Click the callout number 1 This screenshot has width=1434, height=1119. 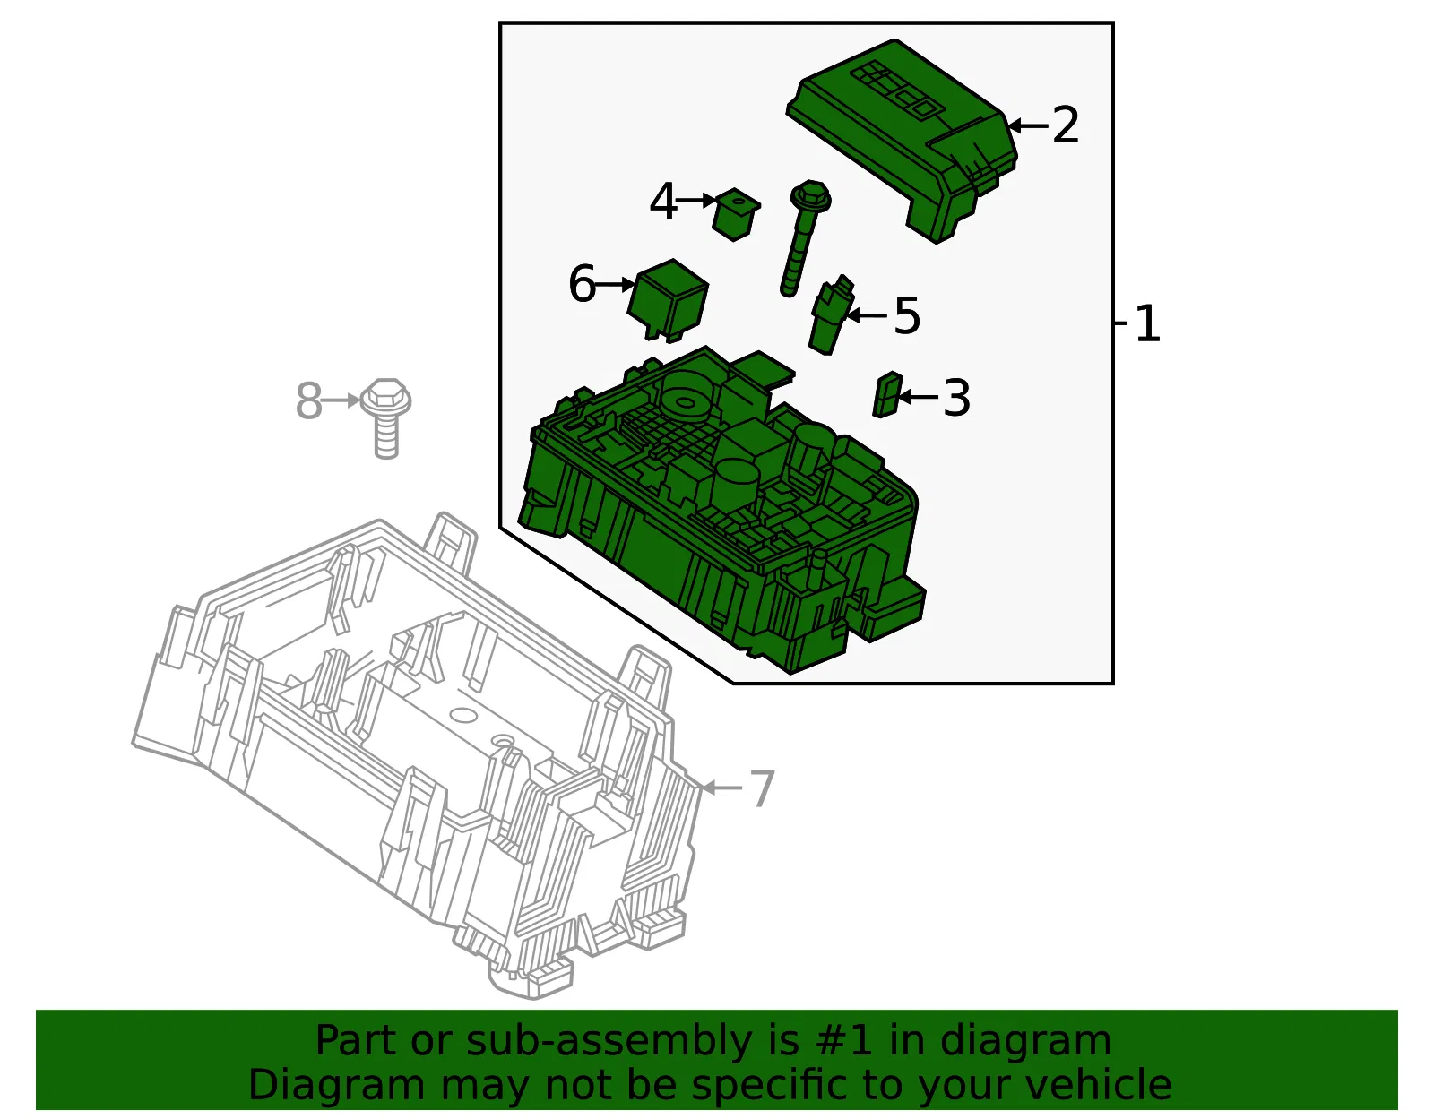1147,323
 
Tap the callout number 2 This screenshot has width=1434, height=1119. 1065,125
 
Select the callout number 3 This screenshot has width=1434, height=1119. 957,398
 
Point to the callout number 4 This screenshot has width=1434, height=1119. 663,201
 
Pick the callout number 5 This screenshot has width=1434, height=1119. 907,315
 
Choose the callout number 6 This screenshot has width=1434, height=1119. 582,284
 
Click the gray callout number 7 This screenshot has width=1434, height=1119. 762,788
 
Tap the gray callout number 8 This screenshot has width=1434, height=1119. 308,400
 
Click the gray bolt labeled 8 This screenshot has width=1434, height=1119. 386,417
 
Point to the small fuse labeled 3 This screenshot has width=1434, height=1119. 887,395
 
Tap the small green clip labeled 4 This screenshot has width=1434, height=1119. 735,214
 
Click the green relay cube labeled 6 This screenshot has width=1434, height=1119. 668,300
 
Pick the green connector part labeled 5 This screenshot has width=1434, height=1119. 830,316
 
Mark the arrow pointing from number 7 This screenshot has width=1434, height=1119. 721,788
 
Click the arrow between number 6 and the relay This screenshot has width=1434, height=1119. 615,285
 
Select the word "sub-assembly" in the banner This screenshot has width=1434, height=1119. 609,1042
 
